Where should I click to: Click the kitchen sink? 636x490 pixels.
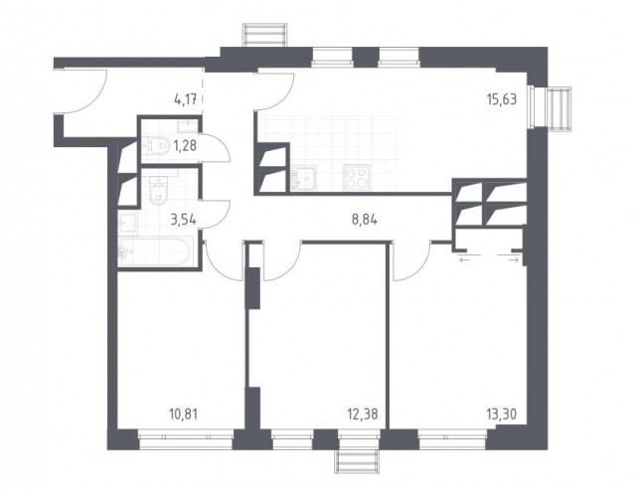click(307, 177)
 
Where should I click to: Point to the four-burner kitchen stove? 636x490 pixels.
click(357, 176)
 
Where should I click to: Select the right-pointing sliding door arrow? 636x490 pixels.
click(513, 258)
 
